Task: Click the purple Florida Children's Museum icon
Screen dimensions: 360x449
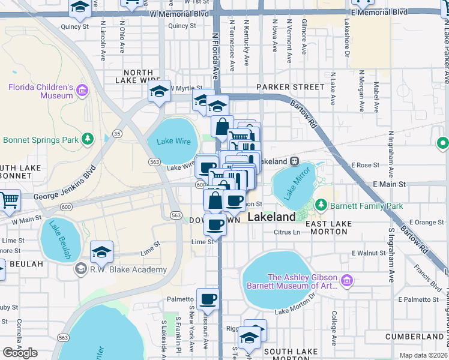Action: pyautogui.click(x=82, y=91)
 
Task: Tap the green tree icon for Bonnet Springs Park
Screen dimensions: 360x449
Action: pyautogui.click(x=88, y=140)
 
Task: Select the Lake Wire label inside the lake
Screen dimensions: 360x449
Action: pyautogui.click(x=173, y=142)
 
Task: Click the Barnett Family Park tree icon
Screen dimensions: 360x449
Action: pyautogui.click(x=321, y=205)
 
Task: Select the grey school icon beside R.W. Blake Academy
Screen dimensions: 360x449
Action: pyautogui.click(x=80, y=269)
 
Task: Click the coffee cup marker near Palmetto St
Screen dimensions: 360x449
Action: pyautogui.click(x=208, y=298)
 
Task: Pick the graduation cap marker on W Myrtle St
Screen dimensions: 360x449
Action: pyautogui.click(x=159, y=91)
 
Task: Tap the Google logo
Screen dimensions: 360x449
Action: pyautogui.click(x=20, y=353)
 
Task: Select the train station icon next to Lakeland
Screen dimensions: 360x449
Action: pyautogui.click(x=295, y=161)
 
